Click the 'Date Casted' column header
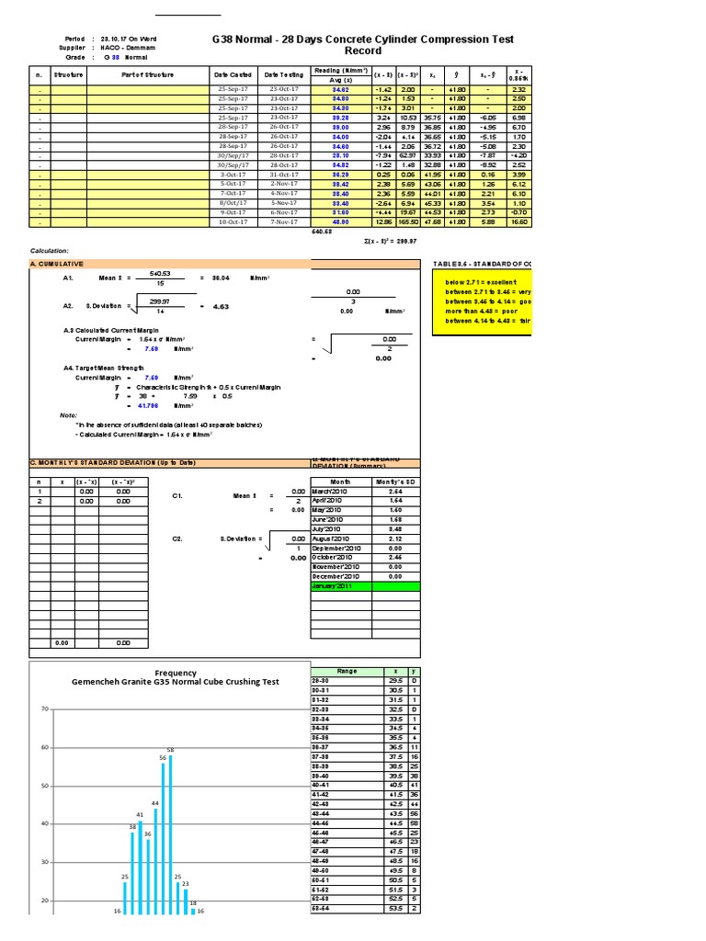[233, 74]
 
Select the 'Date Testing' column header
[283, 74]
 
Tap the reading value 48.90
[339, 221]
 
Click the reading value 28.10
[339, 155]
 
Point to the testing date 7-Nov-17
[284, 221]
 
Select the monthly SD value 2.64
[395, 491]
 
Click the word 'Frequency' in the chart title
[176, 673]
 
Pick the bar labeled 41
[141, 873]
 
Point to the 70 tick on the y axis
[42, 709]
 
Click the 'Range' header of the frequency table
[347, 671]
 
